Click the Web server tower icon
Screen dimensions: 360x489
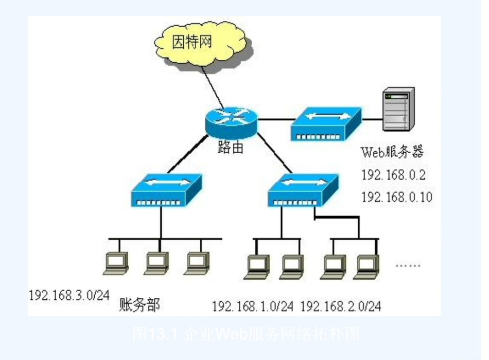399,110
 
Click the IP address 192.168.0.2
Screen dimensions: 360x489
393,175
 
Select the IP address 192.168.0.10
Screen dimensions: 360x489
397,197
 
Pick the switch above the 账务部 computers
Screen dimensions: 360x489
166,191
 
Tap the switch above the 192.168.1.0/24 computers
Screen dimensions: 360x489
303,190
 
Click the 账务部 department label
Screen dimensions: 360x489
139,304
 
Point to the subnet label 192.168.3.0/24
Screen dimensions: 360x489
69,295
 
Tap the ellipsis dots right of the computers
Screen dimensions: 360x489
408,266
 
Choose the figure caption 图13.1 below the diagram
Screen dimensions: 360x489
245,334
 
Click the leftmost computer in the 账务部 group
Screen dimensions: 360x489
115,263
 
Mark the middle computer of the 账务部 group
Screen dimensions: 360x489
156,263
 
